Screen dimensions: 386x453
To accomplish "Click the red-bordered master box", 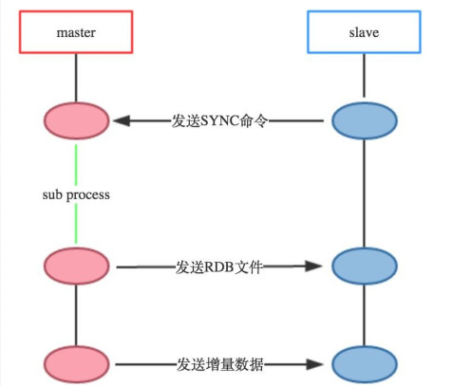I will pos(77,32).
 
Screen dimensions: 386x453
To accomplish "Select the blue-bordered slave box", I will pos(365,32).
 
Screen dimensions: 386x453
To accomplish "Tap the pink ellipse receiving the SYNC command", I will pos(77,121).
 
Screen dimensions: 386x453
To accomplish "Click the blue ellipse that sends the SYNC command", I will pos(365,121).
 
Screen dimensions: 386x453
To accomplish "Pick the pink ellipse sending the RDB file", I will pos(77,267).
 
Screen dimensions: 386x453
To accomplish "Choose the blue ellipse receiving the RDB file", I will pos(365,267).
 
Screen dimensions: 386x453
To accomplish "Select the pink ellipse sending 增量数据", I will pos(77,363).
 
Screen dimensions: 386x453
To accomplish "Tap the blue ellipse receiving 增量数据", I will pos(365,363).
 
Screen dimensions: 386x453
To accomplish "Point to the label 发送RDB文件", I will pos(219,267).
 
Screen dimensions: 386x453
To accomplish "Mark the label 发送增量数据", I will pos(219,363).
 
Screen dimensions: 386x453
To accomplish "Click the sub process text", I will pos(77,194).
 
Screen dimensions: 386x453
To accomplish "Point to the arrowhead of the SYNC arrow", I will pos(122,121).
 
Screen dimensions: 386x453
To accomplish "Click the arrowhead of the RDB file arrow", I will pos(319,267).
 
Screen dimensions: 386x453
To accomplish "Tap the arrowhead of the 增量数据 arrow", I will pos(319,363).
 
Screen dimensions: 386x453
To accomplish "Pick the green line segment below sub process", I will pos(77,226).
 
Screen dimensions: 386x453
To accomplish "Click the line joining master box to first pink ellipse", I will pos(77,76).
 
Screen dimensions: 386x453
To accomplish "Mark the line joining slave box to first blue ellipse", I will pos(365,76).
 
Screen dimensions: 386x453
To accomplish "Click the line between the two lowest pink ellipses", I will pos(77,315).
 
